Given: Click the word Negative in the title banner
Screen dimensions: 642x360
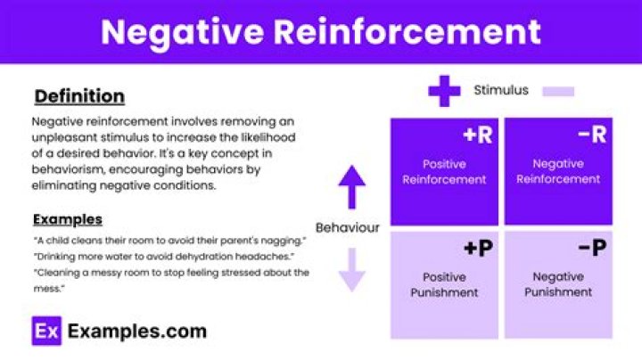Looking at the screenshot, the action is tap(182, 32).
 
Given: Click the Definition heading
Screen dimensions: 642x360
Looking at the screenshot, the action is tap(79, 96).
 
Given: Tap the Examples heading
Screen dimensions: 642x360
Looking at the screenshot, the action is tap(68, 220).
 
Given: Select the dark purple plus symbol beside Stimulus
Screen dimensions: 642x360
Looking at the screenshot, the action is tap(444, 91).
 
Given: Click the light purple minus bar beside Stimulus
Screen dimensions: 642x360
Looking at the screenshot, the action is tap(558, 91).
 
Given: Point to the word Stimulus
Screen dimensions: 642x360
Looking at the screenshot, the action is tap(501, 90).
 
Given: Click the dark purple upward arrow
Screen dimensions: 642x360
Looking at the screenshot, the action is tap(351, 187).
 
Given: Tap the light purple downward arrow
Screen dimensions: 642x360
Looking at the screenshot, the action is tap(351, 270).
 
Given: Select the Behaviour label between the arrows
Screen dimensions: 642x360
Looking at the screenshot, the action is tap(347, 228).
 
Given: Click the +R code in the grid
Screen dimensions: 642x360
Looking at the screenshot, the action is tap(477, 135).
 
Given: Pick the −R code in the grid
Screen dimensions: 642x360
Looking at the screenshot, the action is tap(592, 135).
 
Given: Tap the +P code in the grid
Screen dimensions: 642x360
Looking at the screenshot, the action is tap(478, 248).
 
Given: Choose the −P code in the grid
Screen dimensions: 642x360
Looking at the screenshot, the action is tap(592, 248).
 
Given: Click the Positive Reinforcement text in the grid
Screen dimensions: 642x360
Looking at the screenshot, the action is tap(444, 172).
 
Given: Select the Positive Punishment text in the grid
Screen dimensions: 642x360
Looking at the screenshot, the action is tap(444, 285).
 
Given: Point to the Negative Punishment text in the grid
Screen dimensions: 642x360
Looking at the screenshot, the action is tap(558, 284).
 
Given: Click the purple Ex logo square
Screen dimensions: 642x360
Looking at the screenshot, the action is tap(46, 331).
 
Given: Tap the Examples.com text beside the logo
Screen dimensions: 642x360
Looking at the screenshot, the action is tap(137, 331).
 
